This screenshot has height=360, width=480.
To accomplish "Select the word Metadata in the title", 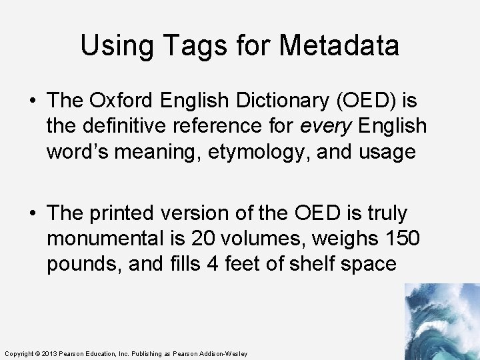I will click(x=339, y=45).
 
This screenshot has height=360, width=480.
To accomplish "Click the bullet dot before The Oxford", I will click(x=33, y=101).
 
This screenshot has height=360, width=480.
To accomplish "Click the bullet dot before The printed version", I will click(x=33, y=214).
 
